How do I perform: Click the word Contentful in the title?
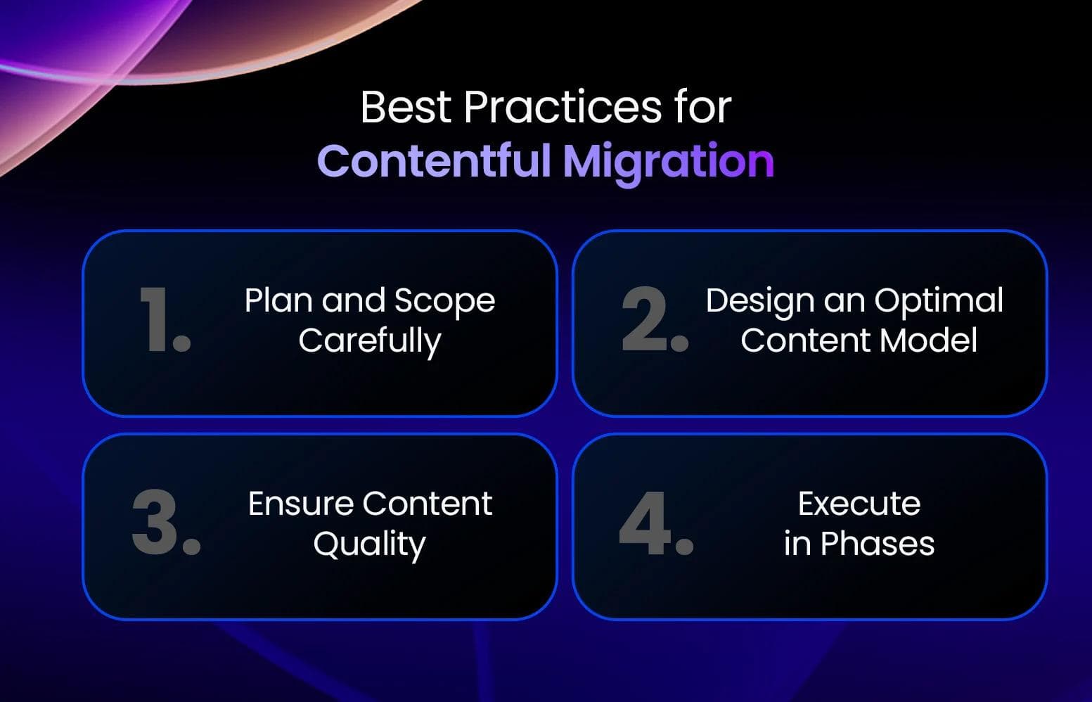tap(433, 161)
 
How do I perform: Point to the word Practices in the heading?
tap(562, 108)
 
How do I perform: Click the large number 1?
tap(163, 319)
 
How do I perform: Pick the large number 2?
tap(654, 319)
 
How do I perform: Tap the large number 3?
tap(166, 523)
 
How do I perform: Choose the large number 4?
tap(655, 523)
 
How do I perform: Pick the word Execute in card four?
tap(859, 504)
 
